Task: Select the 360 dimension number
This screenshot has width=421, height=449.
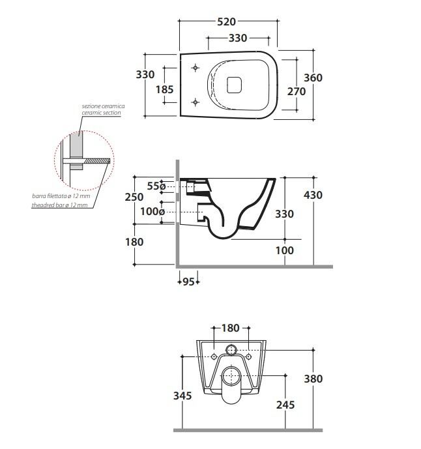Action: pyautogui.click(x=313, y=78)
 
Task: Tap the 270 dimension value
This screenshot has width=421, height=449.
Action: pyautogui.click(x=297, y=91)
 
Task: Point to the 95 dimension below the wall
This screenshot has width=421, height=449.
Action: pyautogui.click(x=188, y=282)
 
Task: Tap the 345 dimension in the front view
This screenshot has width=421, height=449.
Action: pyautogui.click(x=182, y=395)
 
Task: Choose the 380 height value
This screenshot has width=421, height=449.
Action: pyautogui.click(x=313, y=379)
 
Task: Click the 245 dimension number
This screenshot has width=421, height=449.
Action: pyautogui.click(x=285, y=405)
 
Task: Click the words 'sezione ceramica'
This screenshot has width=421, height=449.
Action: pyautogui.click(x=103, y=106)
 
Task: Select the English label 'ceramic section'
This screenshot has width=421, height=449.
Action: pyautogui.click(x=101, y=113)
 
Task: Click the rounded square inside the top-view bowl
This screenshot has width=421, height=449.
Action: pyautogui.click(x=234, y=84)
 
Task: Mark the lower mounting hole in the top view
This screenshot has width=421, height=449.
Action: pyautogui.click(x=196, y=101)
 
